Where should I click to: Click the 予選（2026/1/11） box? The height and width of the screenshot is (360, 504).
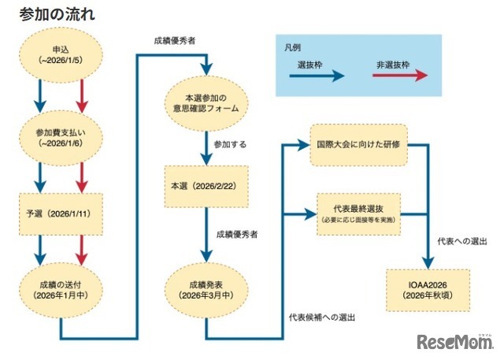click(x=61, y=213)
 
